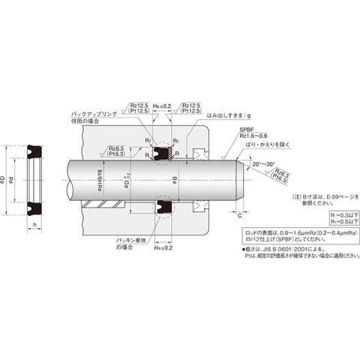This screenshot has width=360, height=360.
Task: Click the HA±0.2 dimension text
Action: (163, 247)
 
